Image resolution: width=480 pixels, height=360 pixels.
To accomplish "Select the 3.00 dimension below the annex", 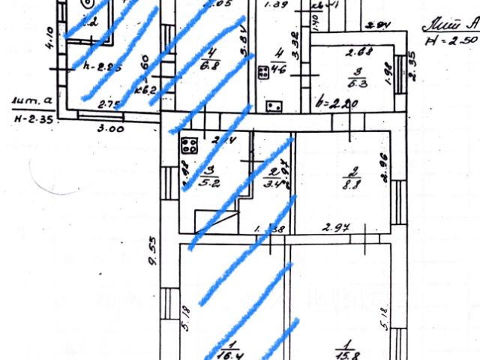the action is pos(111,128).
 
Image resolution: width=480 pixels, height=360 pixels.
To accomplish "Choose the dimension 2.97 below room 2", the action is pos(333,226).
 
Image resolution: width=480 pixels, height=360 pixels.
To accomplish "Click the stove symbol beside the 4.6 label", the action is pos(264,73).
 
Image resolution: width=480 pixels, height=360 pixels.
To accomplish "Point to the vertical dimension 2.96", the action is pos(382,166).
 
